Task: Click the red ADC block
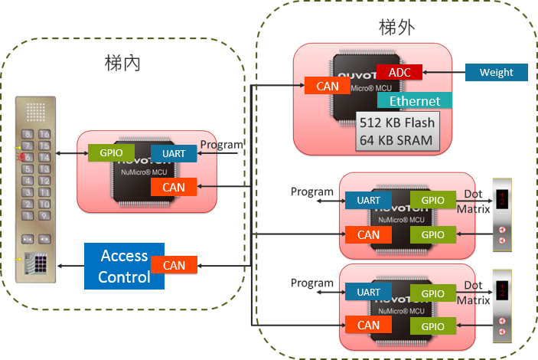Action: click(399, 72)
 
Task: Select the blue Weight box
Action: click(496, 73)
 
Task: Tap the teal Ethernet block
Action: click(415, 101)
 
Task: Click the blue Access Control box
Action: click(123, 266)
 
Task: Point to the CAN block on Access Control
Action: click(174, 265)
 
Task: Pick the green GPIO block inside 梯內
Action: click(111, 152)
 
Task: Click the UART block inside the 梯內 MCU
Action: click(174, 154)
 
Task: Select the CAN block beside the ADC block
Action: click(327, 86)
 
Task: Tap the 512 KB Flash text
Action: click(396, 123)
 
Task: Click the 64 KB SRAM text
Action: click(396, 140)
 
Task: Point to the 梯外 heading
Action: click(397, 28)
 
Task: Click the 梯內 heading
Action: click(123, 64)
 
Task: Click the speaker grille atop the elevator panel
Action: click(35, 113)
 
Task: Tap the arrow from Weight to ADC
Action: click(443, 73)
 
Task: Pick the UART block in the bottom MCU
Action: click(368, 292)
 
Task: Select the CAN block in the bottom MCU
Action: click(368, 326)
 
